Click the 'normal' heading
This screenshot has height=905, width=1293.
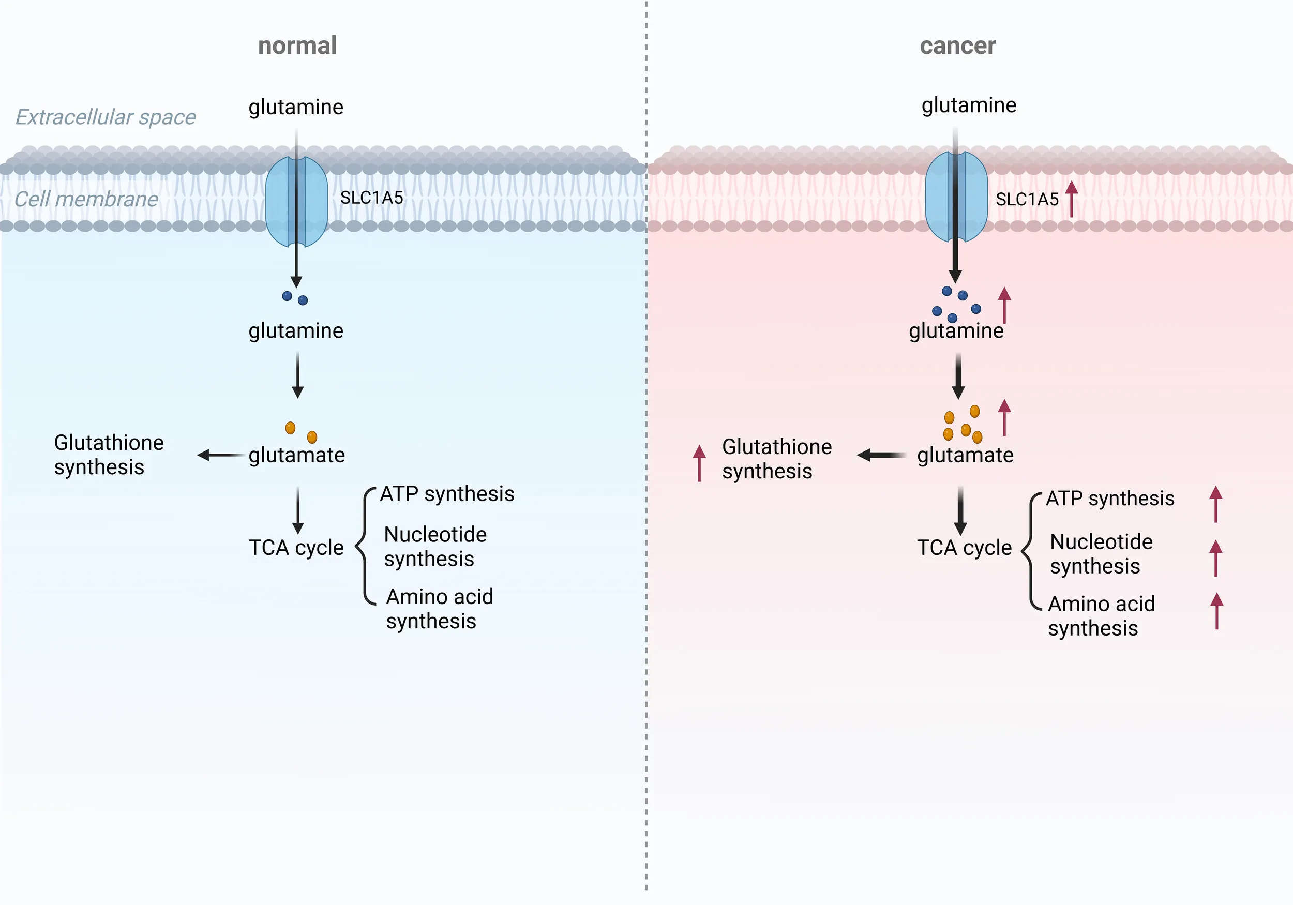point(297,46)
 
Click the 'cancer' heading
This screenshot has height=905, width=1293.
point(957,46)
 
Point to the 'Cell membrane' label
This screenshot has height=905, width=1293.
point(86,199)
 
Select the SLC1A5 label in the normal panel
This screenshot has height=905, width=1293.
point(372,198)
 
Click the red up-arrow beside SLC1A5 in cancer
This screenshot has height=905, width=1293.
point(1072,198)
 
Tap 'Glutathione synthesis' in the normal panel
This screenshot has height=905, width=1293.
point(109,455)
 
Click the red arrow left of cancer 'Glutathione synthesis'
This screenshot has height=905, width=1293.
point(699,463)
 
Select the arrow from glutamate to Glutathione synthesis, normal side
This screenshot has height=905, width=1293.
point(222,455)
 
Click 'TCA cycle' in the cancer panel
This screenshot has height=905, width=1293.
point(964,547)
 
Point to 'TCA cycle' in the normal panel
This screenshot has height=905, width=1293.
point(296,547)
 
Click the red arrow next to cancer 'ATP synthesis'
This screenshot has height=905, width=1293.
point(1216,504)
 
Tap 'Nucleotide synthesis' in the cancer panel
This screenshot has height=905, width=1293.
point(1101,553)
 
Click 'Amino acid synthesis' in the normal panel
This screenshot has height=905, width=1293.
point(439,609)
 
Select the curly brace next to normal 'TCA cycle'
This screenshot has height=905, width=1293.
point(365,546)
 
